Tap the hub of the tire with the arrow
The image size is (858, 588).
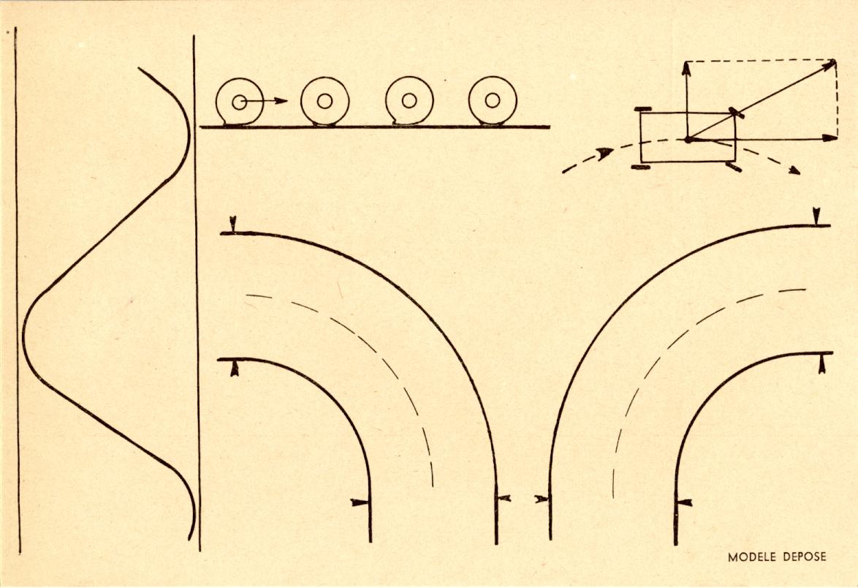coord(239,102)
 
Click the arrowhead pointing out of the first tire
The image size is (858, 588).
coord(281,101)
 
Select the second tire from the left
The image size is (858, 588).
coord(324,101)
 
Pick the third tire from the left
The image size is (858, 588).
coord(409,101)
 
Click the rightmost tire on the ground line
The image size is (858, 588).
coord(493,101)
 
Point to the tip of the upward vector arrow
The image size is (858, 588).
coord(686,62)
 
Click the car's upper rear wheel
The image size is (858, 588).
coord(642,110)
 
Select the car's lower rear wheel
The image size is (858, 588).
coord(639,167)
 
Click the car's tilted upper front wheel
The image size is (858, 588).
coord(736,113)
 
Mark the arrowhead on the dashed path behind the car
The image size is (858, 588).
coord(604,153)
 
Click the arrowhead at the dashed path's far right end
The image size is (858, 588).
coord(794,171)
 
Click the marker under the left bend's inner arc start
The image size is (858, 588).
coord(235,368)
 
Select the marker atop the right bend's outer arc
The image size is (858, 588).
coord(816,216)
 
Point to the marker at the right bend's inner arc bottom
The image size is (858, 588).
coord(685,502)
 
